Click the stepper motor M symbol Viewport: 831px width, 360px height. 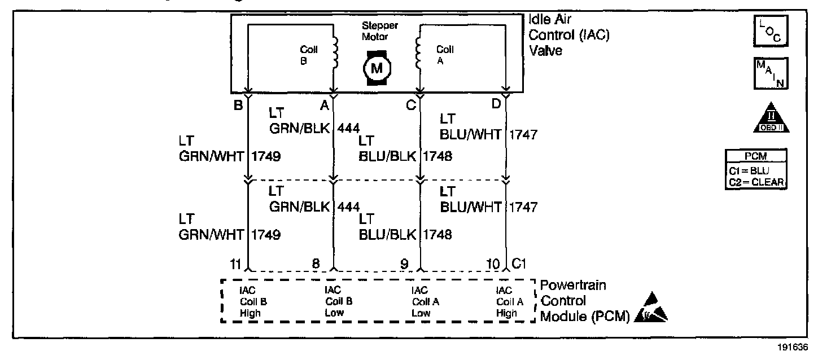point(375,68)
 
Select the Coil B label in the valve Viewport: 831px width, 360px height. point(309,55)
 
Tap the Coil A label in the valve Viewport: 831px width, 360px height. point(445,55)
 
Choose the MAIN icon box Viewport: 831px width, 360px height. point(770,73)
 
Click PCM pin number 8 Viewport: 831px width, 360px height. point(316,263)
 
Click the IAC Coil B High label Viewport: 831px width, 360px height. point(252,301)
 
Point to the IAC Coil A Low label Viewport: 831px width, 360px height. point(425,301)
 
